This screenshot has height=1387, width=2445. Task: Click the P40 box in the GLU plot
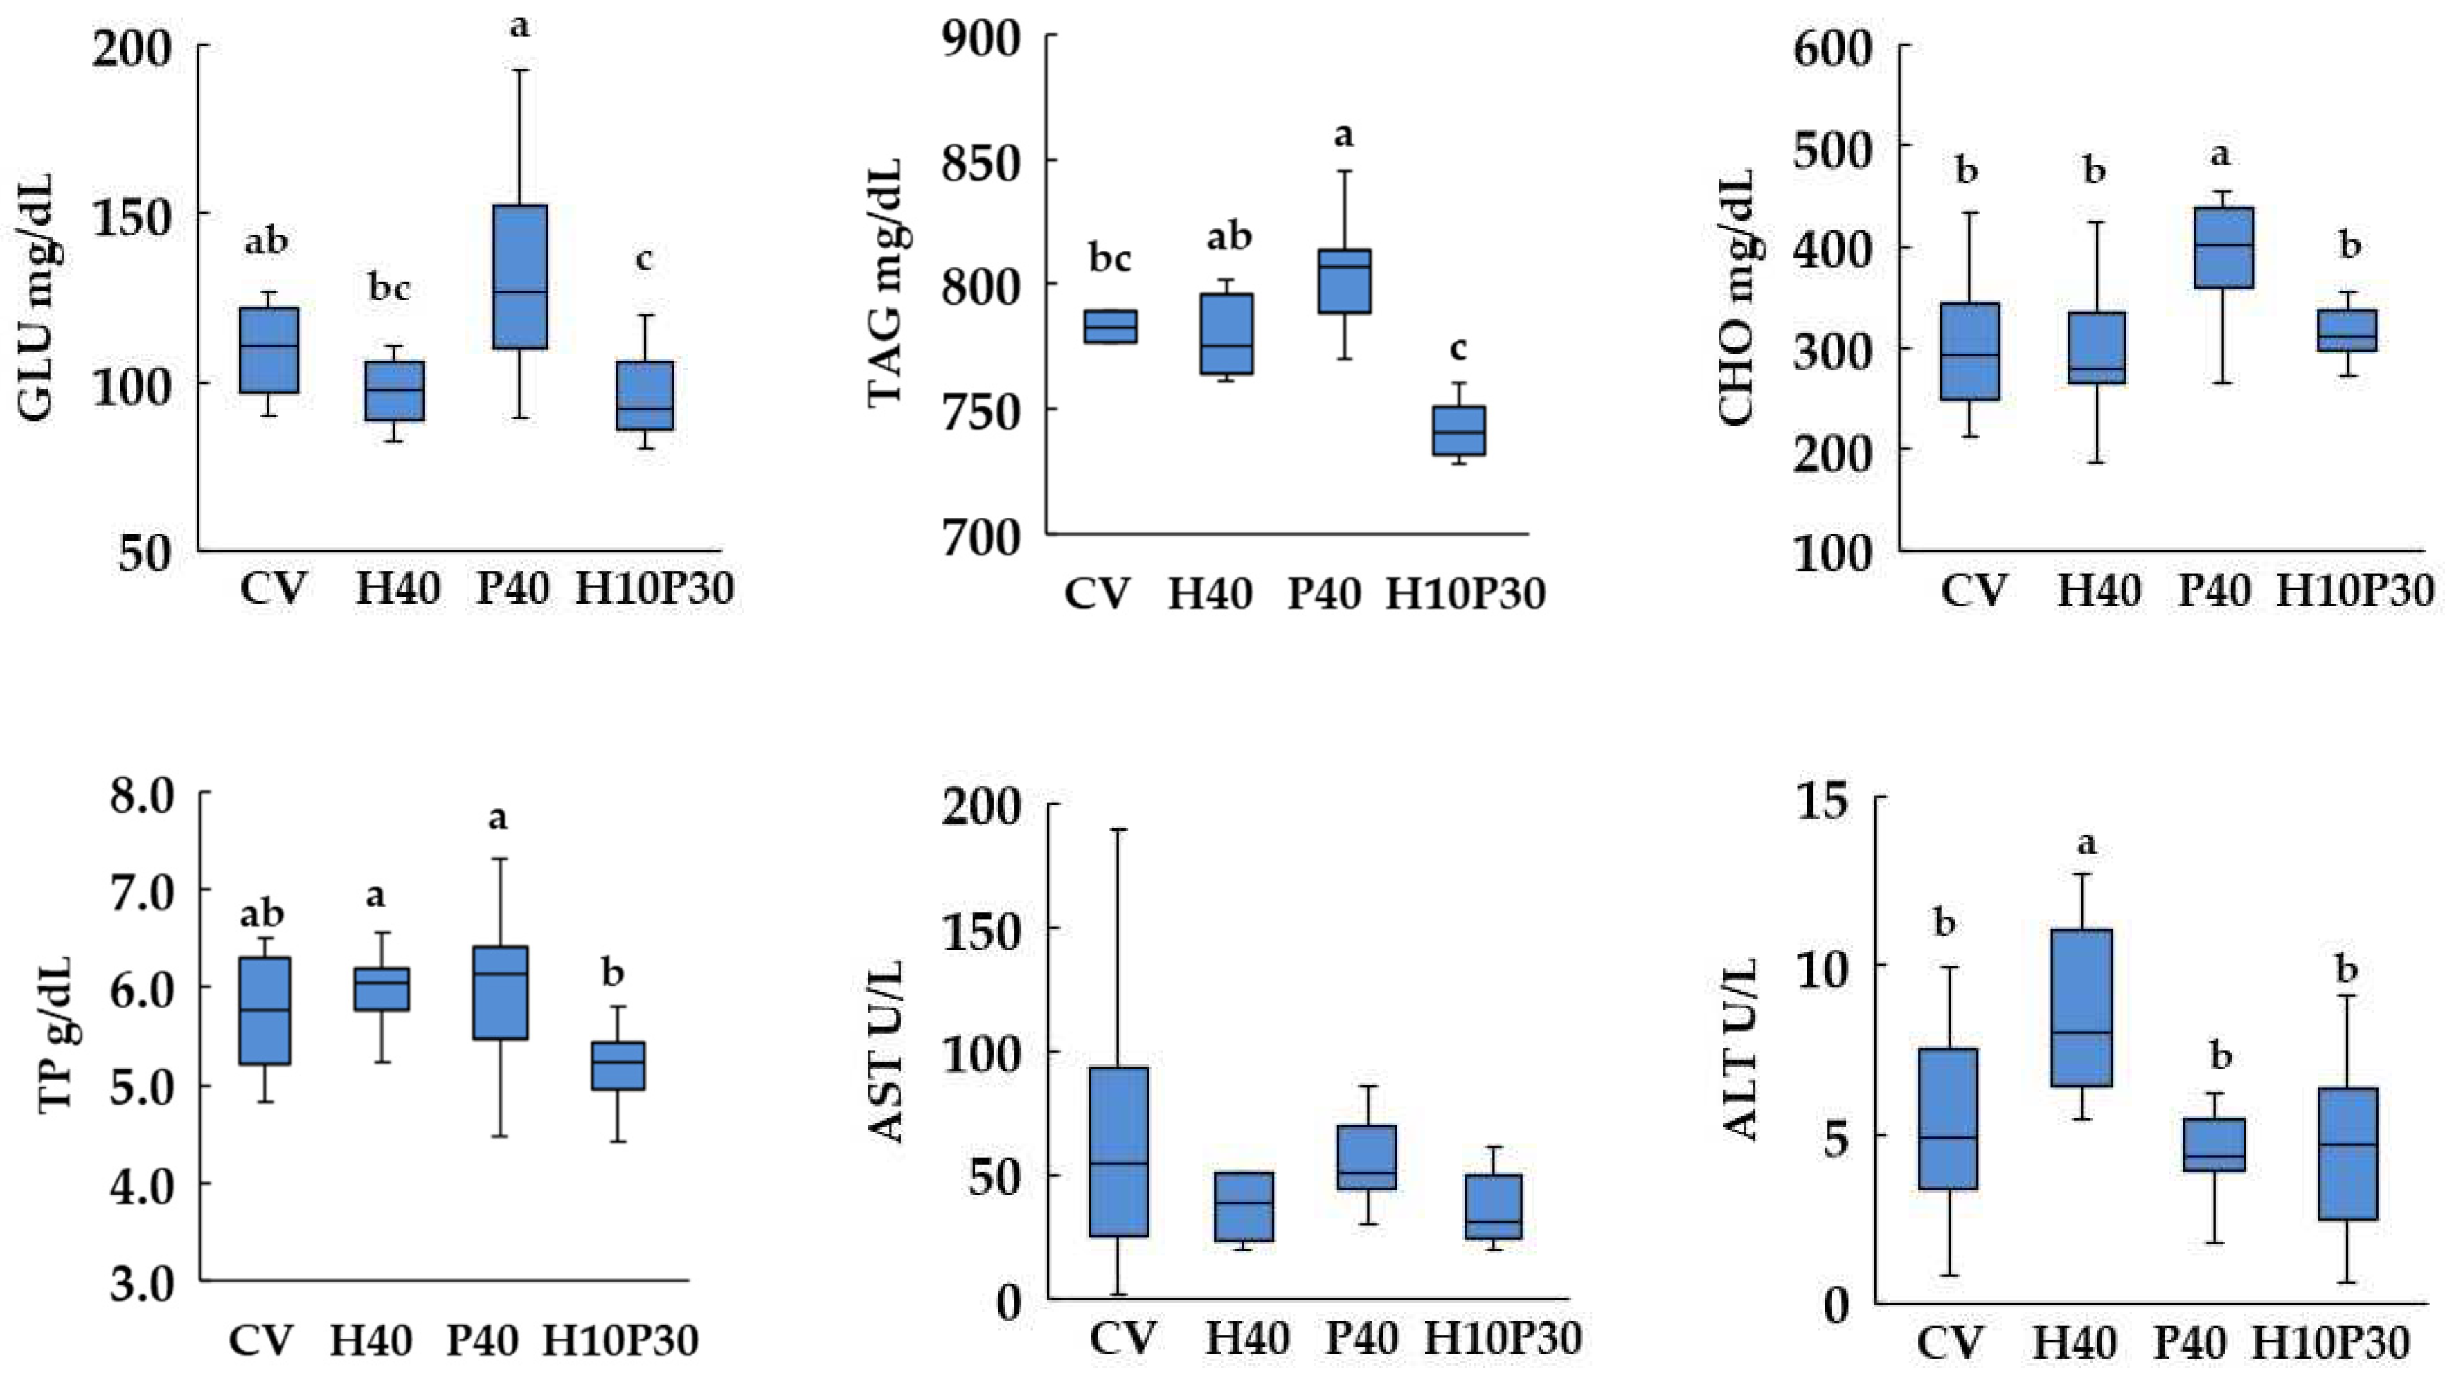(x=519, y=276)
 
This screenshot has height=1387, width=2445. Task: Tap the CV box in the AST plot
(x=1119, y=1151)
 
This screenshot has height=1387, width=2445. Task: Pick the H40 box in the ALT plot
(x=2082, y=1007)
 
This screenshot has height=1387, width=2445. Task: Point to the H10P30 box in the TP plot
(x=618, y=1065)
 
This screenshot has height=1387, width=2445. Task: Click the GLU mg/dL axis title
(x=36, y=297)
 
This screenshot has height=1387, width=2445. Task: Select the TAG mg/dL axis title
(x=884, y=284)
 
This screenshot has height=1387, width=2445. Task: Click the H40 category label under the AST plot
(x=1247, y=1339)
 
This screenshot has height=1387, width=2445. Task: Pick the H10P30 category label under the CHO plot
(x=2356, y=590)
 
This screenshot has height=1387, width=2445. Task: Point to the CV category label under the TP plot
(x=260, y=1341)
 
